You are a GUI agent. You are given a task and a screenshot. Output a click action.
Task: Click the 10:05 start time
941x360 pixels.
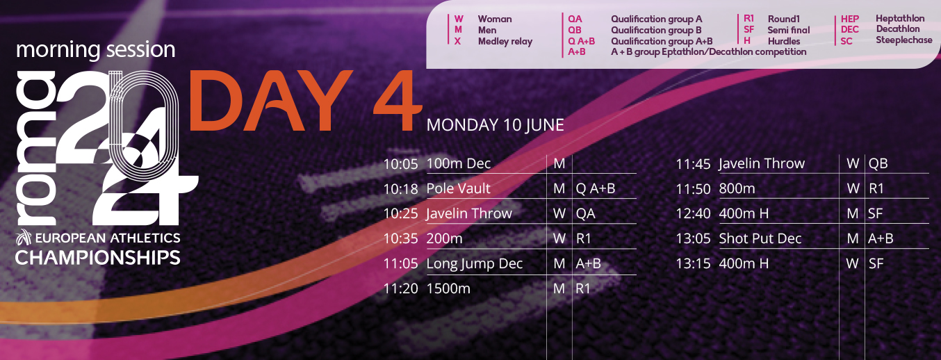(x=401, y=164)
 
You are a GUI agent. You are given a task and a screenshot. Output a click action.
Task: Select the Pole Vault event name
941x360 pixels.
(x=458, y=188)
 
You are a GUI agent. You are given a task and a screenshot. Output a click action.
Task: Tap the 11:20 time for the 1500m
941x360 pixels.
(x=401, y=288)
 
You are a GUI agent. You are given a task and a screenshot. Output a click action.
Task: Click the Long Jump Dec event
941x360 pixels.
(x=474, y=264)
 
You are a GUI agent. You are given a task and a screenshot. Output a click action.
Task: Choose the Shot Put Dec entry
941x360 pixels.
(x=760, y=238)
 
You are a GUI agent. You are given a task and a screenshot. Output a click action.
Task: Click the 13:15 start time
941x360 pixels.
(x=693, y=264)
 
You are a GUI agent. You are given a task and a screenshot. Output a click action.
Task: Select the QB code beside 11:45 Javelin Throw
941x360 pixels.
(x=878, y=163)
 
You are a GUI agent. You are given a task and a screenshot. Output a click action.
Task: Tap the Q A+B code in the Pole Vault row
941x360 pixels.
(x=596, y=188)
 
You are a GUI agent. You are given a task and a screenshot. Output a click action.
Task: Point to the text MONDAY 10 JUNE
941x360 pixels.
(x=495, y=125)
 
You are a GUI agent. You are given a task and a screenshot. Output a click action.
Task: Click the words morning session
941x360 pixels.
(x=96, y=49)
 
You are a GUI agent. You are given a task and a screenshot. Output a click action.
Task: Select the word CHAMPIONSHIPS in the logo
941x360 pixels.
(x=98, y=258)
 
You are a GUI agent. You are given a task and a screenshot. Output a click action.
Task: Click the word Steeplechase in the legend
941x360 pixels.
(x=904, y=40)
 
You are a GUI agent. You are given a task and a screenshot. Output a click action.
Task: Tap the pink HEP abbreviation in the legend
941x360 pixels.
(x=850, y=19)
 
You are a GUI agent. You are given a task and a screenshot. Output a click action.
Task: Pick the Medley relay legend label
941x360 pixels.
(x=505, y=42)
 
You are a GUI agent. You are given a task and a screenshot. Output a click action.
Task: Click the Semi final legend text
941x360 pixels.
(x=789, y=31)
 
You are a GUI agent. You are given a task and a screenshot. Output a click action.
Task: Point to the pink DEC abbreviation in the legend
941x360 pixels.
(x=850, y=29)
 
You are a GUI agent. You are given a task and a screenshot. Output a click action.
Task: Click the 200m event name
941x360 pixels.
(x=445, y=238)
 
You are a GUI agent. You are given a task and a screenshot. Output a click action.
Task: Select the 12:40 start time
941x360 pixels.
(x=693, y=214)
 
